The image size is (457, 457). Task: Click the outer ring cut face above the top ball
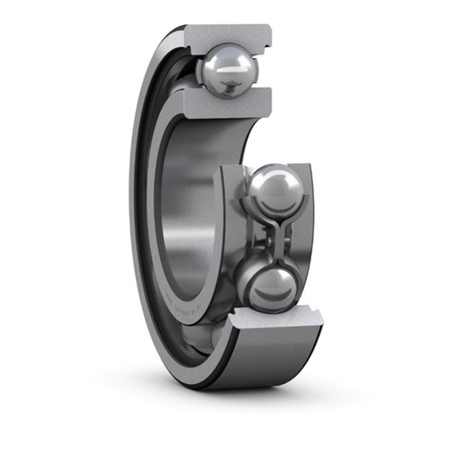[228, 36]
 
